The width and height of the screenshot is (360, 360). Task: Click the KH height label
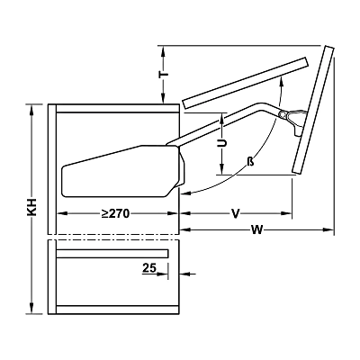[x=31, y=207]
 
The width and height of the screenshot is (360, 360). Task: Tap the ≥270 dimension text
[x=115, y=213]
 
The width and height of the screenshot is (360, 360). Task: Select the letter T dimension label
[x=164, y=75]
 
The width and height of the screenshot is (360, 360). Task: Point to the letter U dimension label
[x=222, y=143]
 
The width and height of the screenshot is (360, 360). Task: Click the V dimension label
[x=236, y=214]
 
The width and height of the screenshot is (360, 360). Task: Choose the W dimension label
[x=257, y=230]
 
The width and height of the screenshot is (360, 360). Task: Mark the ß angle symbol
[x=250, y=162]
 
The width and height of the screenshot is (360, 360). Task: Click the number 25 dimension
[x=149, y=267]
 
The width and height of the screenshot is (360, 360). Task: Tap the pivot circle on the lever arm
[x=283, y=114]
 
